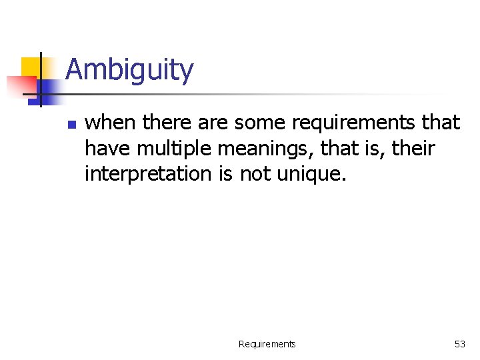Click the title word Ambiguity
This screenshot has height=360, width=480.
point(129,70)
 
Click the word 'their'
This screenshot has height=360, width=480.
point(413,148)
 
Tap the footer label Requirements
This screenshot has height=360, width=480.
point(267,344)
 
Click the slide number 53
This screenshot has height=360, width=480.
point(460,344)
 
